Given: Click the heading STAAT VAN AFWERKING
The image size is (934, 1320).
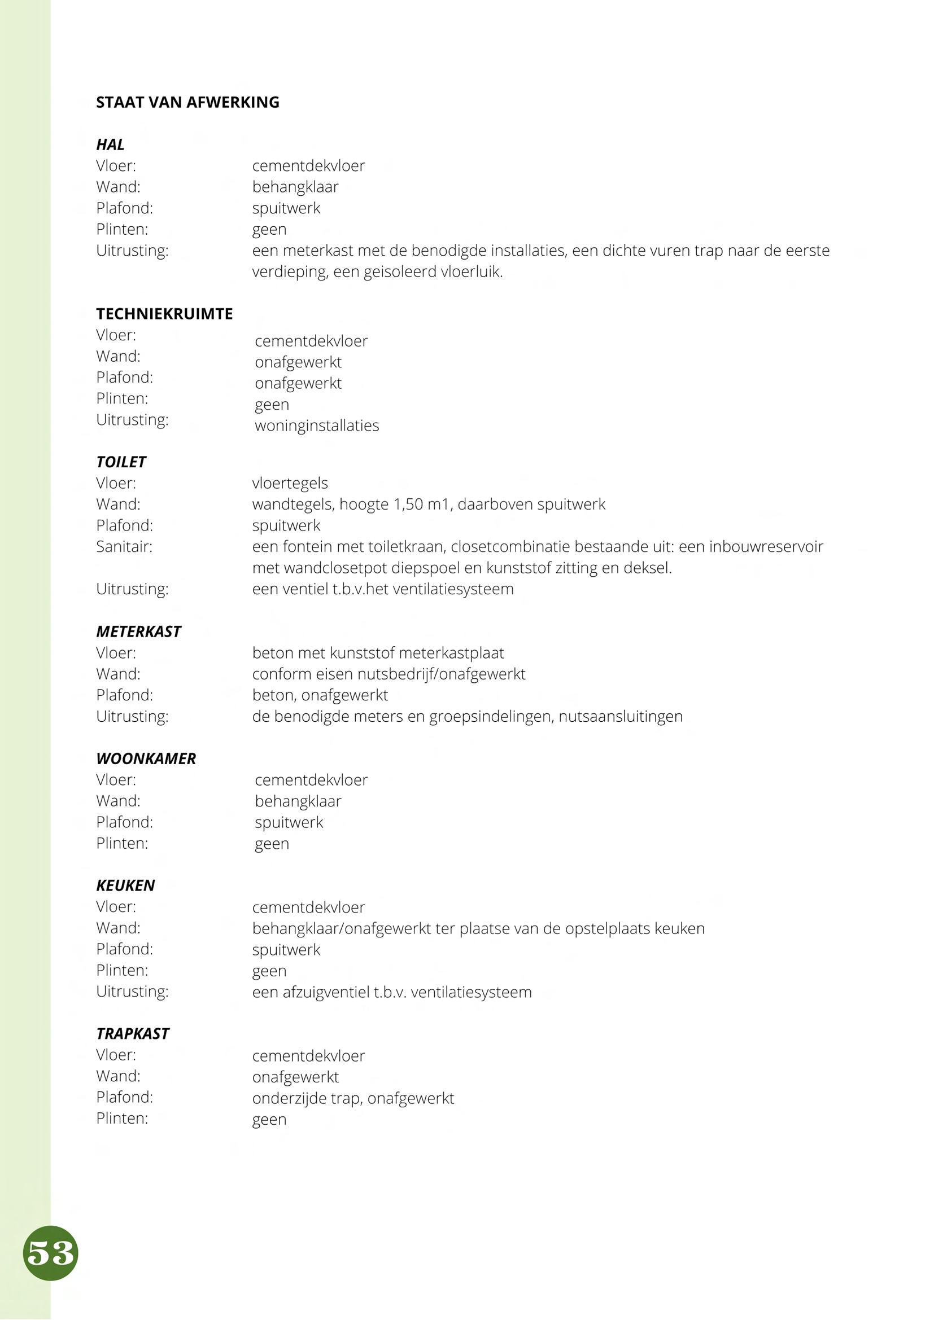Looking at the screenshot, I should tap(187, 102).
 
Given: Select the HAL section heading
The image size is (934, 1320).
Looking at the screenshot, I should tap(110, 144).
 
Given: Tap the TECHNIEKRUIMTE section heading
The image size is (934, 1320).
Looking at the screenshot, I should tap(164, 314).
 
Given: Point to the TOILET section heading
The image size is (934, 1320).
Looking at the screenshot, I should tap(121, 462).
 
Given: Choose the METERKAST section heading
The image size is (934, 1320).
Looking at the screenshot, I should tap(138, 632).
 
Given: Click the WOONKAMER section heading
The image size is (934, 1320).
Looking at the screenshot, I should tap(146, 758).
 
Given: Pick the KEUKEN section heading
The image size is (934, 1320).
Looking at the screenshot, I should tap(125, 885).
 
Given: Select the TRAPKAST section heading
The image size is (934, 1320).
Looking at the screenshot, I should tap(132, 1033).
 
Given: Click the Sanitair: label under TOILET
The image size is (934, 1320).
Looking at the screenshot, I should tap(124, 546).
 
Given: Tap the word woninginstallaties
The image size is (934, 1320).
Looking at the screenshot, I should tap(317, 426).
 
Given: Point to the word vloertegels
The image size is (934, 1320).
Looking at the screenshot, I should tap(290, 483).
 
